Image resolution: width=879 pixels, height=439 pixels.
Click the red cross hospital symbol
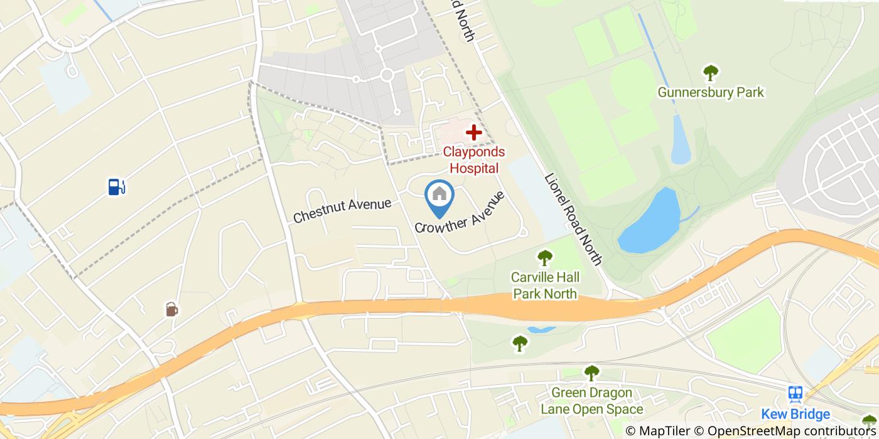473,132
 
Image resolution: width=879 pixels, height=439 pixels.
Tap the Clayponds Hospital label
474,160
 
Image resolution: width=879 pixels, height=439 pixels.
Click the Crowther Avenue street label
460,213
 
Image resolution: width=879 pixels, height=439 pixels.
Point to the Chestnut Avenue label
342,210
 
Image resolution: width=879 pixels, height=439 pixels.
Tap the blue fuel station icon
117,186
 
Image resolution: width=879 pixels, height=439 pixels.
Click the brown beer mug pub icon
171,309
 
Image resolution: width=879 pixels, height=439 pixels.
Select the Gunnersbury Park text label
711,93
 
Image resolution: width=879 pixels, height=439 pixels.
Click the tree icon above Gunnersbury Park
711,73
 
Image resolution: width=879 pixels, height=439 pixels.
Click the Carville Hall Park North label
545,285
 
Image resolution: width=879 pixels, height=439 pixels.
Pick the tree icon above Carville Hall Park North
544,257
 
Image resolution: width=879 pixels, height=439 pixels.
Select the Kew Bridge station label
795,415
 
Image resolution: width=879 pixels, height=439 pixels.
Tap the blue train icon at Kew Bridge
795,394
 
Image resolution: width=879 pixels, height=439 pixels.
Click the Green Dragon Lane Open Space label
592,402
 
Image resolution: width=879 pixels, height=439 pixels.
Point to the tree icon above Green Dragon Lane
591,373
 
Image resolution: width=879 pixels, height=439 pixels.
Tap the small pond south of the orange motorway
541,329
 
